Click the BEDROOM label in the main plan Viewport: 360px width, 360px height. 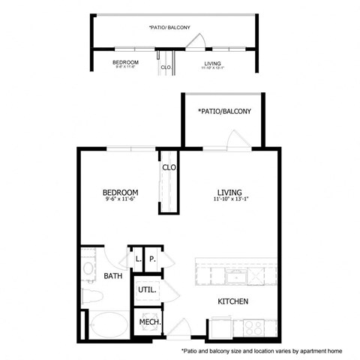(x=120, y=193)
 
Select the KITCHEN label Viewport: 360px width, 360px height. (x=232, y=301)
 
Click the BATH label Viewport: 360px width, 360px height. (x=113, y=276)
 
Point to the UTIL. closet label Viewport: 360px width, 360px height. (x=145, y=289)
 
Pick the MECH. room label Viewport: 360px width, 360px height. (x=147, y=322)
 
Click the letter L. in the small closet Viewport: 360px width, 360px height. (x=138, y=259)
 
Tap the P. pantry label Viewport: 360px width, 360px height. (x=152, y=259)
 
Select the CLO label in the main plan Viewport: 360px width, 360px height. (x=169, y=168)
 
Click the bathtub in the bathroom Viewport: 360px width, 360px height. (x=105, y=324)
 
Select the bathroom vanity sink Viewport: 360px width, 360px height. (x=88, y=267)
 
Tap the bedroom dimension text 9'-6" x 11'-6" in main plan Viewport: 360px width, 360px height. (x=120, y=200)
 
